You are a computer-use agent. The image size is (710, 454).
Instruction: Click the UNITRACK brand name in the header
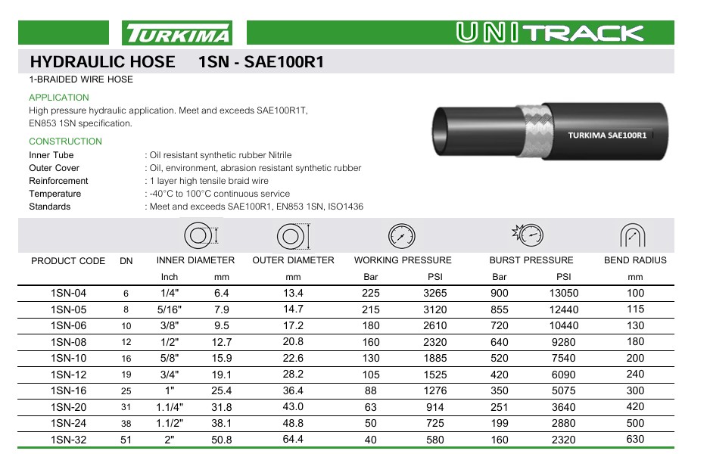tap(550, 33)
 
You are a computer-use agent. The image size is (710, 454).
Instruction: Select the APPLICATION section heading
tap(58, 98)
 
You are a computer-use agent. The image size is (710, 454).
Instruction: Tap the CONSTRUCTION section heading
tap(65, 141)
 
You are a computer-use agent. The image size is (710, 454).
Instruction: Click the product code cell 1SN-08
tap(68, 342)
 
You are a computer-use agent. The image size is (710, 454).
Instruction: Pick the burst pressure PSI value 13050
tap(564, 293)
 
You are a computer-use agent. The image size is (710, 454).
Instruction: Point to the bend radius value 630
tap(635, 439)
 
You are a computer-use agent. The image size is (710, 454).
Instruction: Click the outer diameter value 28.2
tap(293, 375)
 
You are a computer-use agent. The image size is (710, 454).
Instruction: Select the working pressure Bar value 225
tap(371, 293)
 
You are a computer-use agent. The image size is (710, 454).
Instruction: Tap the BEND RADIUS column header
tap(635, 260)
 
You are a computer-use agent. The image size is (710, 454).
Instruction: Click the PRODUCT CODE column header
tap(68, 261)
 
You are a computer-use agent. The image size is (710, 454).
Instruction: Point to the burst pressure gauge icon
tap(528, 235)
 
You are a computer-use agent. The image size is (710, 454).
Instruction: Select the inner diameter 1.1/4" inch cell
tap(170, 407)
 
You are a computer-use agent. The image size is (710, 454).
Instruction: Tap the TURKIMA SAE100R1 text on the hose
tap(606, 135)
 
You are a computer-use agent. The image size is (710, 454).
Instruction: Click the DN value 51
tap(126, 440)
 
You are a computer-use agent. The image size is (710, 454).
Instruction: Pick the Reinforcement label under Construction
tap(58, 181)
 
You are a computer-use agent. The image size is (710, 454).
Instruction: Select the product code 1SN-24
tap(68, 424)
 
